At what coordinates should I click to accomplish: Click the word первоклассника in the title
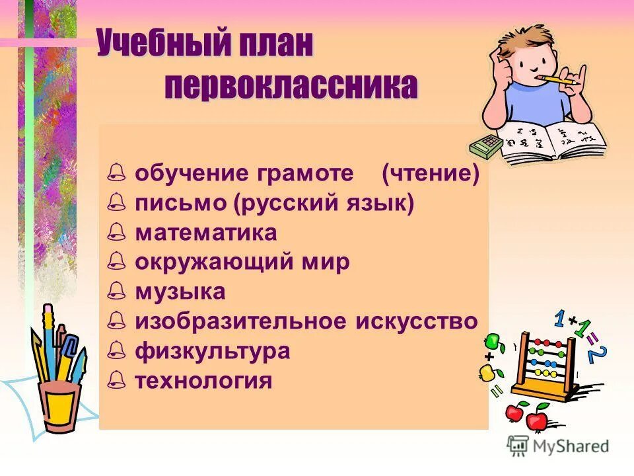(x=291, y=87)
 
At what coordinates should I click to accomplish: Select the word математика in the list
(x=206, y=233)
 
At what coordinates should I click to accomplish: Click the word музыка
(x=180, y=292)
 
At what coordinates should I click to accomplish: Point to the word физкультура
(x=213, y=350)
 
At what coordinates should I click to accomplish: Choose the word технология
(x=203, y=380)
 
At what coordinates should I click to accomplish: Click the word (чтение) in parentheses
(x=430, y=174)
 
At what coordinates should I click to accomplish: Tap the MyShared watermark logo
(x=558, y=446)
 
